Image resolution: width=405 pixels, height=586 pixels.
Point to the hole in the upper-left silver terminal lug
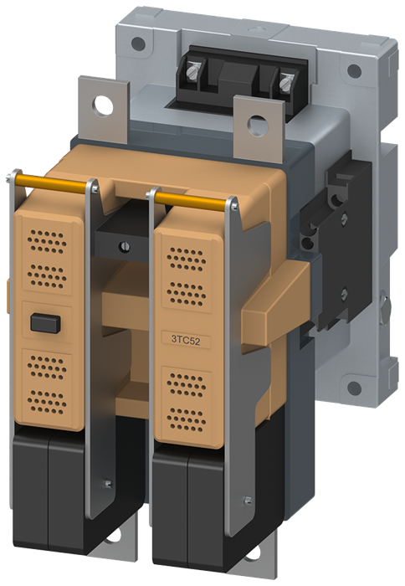click(101, 106)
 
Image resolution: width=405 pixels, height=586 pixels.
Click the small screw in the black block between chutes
click(125, 246)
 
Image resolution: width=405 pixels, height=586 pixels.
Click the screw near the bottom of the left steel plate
click(107, 483)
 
